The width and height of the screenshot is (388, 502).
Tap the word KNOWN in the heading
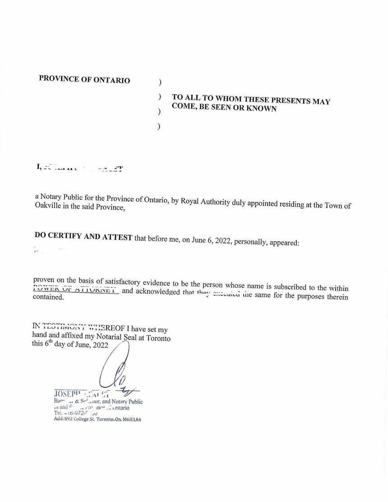(x=261, y=109)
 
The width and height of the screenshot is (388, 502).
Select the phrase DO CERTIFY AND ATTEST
(x=83, y=237)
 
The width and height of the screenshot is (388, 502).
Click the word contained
(x=48, y=297)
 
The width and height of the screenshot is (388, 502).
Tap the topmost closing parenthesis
(x=160, y=83)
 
